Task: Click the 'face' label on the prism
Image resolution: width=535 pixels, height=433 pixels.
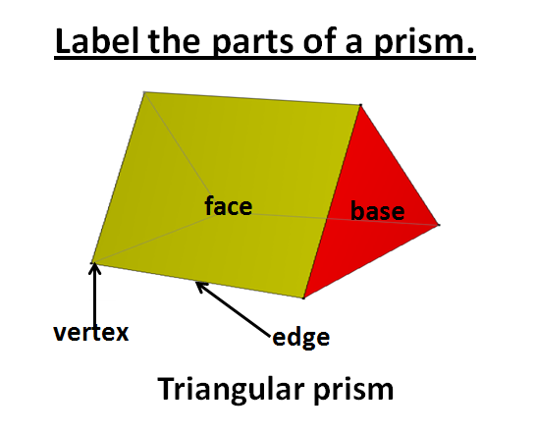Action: pos(229,206)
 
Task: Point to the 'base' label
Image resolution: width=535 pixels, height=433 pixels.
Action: pos(378,211)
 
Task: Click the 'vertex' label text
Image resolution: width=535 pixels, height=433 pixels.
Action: pos(90,332)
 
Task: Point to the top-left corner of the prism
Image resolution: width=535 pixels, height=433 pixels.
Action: pos(145,92)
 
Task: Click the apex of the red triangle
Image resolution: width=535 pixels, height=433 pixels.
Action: pos(360,105)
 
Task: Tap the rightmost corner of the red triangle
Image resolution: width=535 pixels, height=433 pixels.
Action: pos(438,225)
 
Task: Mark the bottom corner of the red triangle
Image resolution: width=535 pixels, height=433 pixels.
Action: pos(303,298)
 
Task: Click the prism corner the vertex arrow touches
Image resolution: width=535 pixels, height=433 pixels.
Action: pos(92,262)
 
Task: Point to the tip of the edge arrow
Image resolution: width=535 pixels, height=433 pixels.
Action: pos(197,283)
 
